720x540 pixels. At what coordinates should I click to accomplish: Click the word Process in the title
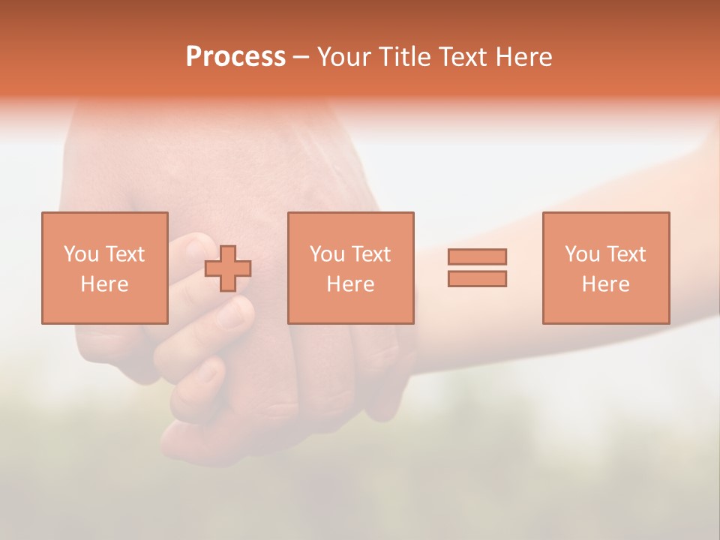tap(235, 57)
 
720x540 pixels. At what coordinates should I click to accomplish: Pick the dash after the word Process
tap(301, 58)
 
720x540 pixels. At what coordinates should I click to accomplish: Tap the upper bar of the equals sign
tap(477, 256)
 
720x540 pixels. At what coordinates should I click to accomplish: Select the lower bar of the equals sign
tap(477, 278)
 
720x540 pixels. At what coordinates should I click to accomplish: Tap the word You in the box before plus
tap(81, 254)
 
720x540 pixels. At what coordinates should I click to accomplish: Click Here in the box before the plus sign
tap(104, 284)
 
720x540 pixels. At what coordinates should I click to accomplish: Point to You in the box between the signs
tap(327, 254)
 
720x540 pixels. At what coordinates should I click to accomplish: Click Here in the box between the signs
tap(350, 284)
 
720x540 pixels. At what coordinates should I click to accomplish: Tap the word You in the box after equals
tap(582, 254)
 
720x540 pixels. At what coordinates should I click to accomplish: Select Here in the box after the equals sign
tap(605, 284)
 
